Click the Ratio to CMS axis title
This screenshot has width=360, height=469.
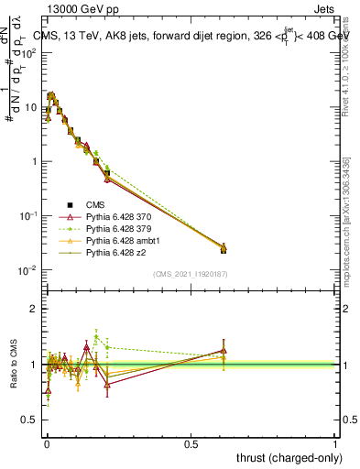pos(16,365)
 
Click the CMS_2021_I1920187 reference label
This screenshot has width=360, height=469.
pos(191,275)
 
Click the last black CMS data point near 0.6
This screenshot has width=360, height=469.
pos(224,249)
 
